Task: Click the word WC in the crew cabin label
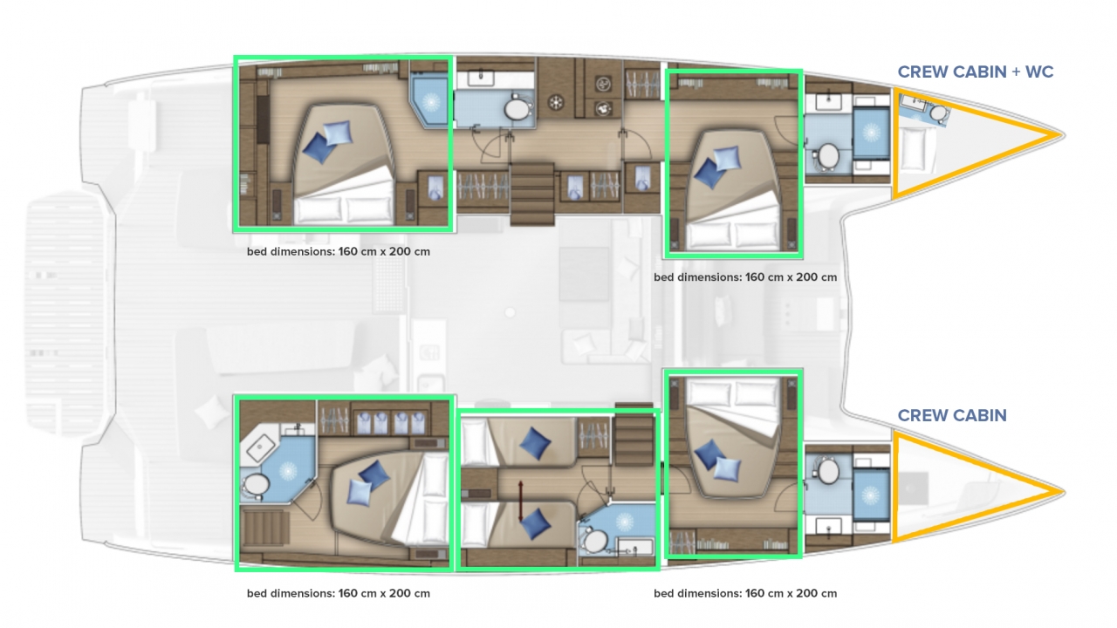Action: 1039,72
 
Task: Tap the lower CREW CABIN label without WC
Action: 952,415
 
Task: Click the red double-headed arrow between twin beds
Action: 521,502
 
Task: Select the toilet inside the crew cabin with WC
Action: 939,113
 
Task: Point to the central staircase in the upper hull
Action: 532,194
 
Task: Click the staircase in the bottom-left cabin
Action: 264,529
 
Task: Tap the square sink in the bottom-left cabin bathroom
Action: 260,447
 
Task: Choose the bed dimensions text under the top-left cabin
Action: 338,252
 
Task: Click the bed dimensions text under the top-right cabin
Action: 745,277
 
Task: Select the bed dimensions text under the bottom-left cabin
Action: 338,594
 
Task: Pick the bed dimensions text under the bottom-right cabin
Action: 745,594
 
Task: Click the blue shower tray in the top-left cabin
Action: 428,100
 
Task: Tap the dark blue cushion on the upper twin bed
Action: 535,443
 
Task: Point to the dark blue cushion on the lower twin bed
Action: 535,524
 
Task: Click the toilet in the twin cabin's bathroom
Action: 595,542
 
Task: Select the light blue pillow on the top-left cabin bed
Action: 338,133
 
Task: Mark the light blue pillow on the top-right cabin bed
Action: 727,159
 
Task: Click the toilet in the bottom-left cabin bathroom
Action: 256,485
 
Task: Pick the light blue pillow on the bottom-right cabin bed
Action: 727,469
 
